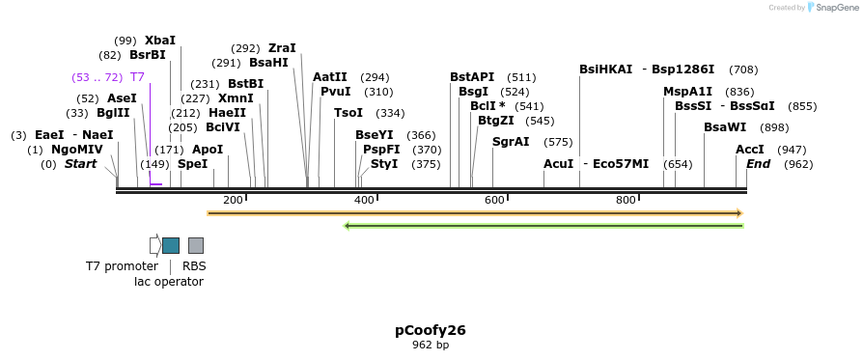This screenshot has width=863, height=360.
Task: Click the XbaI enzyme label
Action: tap(160, 41)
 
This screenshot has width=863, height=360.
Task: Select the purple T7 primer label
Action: tap(138, 76)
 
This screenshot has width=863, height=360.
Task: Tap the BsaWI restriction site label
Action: tap(725, 127)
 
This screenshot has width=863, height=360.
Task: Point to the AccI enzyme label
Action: tap(750, 150)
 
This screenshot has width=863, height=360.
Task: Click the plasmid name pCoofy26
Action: tap(431, 330)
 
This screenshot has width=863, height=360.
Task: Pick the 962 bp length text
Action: tap(431, 345)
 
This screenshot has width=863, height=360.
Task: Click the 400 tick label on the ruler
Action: tap(364, 200)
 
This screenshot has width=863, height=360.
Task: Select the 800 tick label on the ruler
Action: tap(626, 200)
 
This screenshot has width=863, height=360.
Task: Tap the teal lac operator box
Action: tap(171, 245)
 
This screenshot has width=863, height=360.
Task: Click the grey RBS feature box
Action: tap(196, 245)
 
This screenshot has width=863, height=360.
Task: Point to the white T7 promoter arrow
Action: tap(154, 245)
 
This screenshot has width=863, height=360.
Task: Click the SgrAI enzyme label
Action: tap(511, 142)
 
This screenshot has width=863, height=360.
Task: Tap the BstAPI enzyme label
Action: tap(472, 77)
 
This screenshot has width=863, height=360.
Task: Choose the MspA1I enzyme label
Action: tap(687, 92)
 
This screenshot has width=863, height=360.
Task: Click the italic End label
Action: tap(759, 164)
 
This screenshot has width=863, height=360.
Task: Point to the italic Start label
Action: tap(81, 164)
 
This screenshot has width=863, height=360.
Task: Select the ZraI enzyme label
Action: tap(282, 48)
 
